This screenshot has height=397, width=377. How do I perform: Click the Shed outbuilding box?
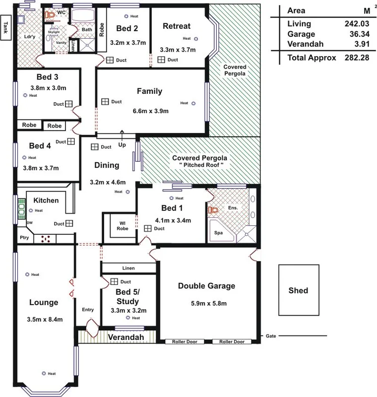click(x=299, y=290)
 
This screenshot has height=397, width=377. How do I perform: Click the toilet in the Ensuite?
click(x=213, y=210)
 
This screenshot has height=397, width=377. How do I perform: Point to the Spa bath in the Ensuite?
click(x=219, y=232)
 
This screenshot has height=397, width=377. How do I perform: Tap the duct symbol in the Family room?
click(x=105, y=101)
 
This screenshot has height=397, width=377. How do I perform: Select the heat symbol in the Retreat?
click(x=196, y=38)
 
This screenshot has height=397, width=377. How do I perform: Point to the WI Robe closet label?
click(x=123, y=226)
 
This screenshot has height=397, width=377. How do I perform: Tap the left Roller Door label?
click(x=185, y=341)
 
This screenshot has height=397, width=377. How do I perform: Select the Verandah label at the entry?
click(x=117, y=337)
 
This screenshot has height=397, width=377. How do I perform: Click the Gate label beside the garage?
click(x=271, y=336)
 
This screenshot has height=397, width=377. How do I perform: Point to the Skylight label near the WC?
click(x=53, y=31)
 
